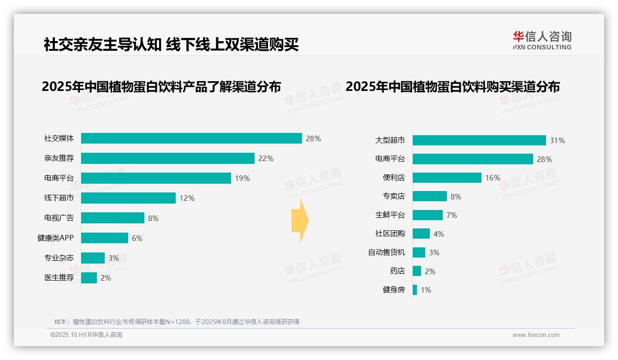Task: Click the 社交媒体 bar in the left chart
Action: pos(191,138)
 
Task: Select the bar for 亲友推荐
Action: pos(168,158)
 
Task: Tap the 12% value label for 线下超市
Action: pos(187,198)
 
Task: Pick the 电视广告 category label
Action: pos(59,218)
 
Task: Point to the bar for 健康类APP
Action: pos(105,238)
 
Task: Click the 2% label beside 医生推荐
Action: pos(106,278)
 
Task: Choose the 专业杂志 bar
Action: pos(93,258)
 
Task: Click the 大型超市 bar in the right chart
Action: pos(479,140)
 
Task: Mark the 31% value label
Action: pos(557,140)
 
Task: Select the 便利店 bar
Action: pos(447,178)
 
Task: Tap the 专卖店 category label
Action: pos(394,197)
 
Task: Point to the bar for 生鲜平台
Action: pos(428,215)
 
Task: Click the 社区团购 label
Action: pos(390,234)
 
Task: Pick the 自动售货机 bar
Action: pos(419,252)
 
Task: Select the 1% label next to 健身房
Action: pos(426,290)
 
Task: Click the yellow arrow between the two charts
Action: pos(300,221)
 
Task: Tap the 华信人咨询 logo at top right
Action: pos(542,40)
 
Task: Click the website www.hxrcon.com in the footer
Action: pos(536,335)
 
